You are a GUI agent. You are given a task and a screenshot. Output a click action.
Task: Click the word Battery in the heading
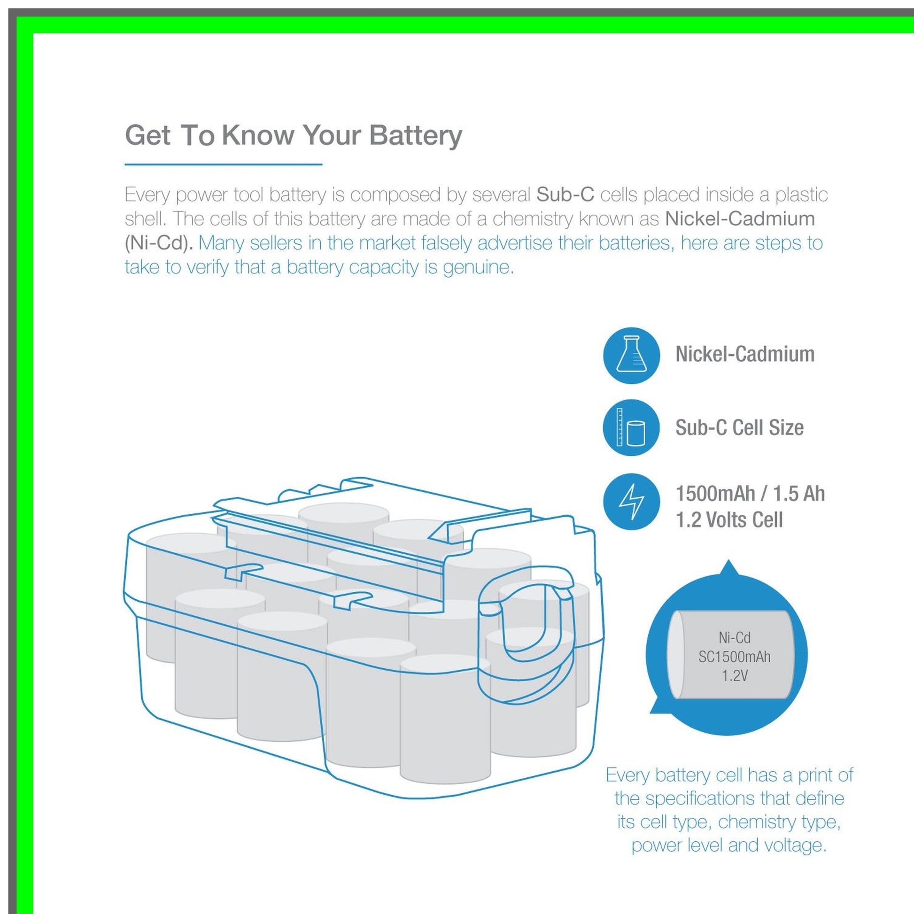[x=415, y=136]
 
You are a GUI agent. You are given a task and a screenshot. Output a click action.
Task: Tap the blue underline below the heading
[x=223, y=164]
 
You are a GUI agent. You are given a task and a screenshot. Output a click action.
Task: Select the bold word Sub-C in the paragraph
[x=565, y=194]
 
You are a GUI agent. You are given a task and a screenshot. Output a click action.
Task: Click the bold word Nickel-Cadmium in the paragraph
[x=740, y=218]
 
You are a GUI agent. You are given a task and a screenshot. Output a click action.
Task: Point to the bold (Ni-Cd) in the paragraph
[x=158, y=243]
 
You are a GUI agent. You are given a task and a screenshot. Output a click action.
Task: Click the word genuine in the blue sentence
[x=478, y=268]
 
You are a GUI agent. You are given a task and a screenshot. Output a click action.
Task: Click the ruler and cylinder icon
[x=631, y=427]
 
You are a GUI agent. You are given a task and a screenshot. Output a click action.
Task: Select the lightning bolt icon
[x=632, y=502]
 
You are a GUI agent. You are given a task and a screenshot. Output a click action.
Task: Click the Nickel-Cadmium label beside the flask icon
[x=744, y=354]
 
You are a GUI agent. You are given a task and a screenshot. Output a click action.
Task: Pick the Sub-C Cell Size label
[x=739, y=427]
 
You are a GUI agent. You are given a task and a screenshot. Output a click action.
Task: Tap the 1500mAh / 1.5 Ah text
[x=750, y=494]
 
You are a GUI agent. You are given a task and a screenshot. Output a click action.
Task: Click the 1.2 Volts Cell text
[x=729, y=519]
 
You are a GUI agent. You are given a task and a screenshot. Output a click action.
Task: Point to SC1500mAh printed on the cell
[x=734, y=657]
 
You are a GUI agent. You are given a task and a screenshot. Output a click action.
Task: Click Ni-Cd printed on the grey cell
[x=734, y=638]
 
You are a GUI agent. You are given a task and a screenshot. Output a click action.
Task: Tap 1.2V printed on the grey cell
[x=734, y=675]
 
